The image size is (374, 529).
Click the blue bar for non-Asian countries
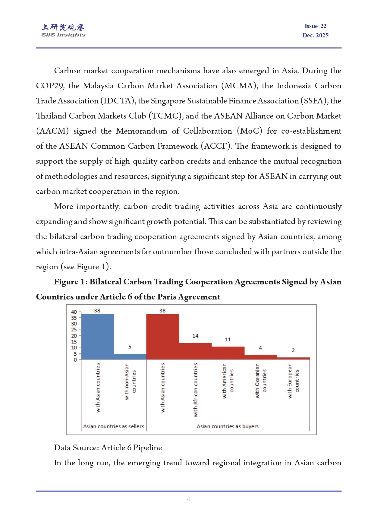[130, 356]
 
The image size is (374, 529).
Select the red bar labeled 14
[195, 351]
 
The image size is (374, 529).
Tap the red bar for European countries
[293, 358]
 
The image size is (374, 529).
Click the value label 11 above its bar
[228, 339]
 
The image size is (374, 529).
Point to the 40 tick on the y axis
[74, 312]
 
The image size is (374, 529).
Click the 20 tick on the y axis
[74, 336]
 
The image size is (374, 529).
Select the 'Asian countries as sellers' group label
[114, 426]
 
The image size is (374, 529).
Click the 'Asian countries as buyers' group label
[228, 426]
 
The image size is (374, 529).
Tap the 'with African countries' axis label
[196, 390]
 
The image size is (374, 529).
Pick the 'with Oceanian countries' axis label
[261, 381]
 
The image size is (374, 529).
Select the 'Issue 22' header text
[315, 26]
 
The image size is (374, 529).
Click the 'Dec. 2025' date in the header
[315, 35]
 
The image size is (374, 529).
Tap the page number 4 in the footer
[188, 499]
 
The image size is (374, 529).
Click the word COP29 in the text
[49, 86]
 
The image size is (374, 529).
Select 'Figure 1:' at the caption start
[71, 282]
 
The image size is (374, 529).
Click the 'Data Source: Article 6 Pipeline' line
[108, 448]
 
